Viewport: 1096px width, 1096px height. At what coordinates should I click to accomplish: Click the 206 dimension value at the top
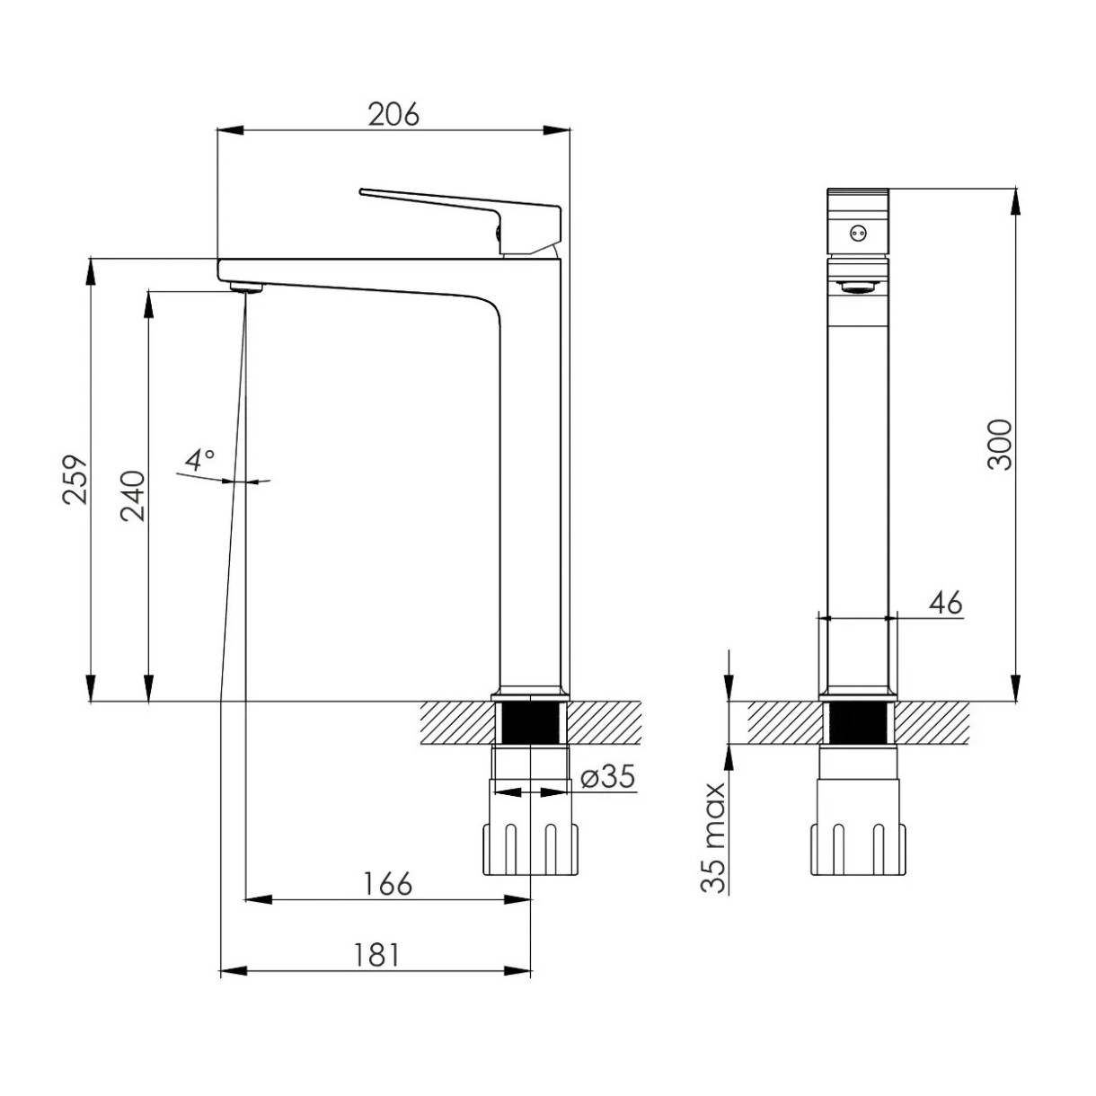tap(393, 114)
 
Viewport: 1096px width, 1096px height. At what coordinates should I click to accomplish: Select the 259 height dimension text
tap(75, 479)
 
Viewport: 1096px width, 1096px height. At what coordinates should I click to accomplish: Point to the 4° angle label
tap(199, 460)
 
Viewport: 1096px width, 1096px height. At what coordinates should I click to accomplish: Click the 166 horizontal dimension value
tap(387, 883)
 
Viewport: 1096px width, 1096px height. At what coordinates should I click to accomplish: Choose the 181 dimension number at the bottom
tap(377, 955)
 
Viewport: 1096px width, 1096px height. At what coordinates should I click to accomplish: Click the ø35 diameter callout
tap(607, 776)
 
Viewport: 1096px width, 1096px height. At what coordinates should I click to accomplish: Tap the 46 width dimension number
tap(946, 602)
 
